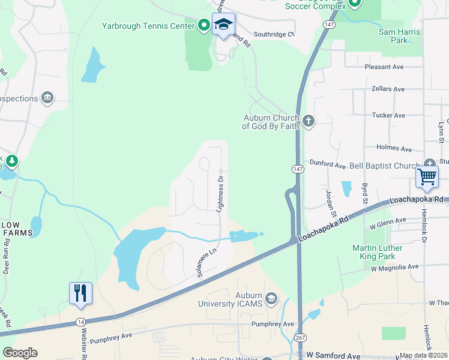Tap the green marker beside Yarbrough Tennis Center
pos(204,25)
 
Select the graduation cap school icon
pos(223,26)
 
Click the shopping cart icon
pos(427,177)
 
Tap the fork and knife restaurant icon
pos(80,293)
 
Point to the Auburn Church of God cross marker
pos(309,122)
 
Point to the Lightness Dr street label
pos(220,193)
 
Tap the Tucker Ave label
pos(388,115)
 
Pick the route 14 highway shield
pos(80,322)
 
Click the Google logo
pos(20,352)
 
